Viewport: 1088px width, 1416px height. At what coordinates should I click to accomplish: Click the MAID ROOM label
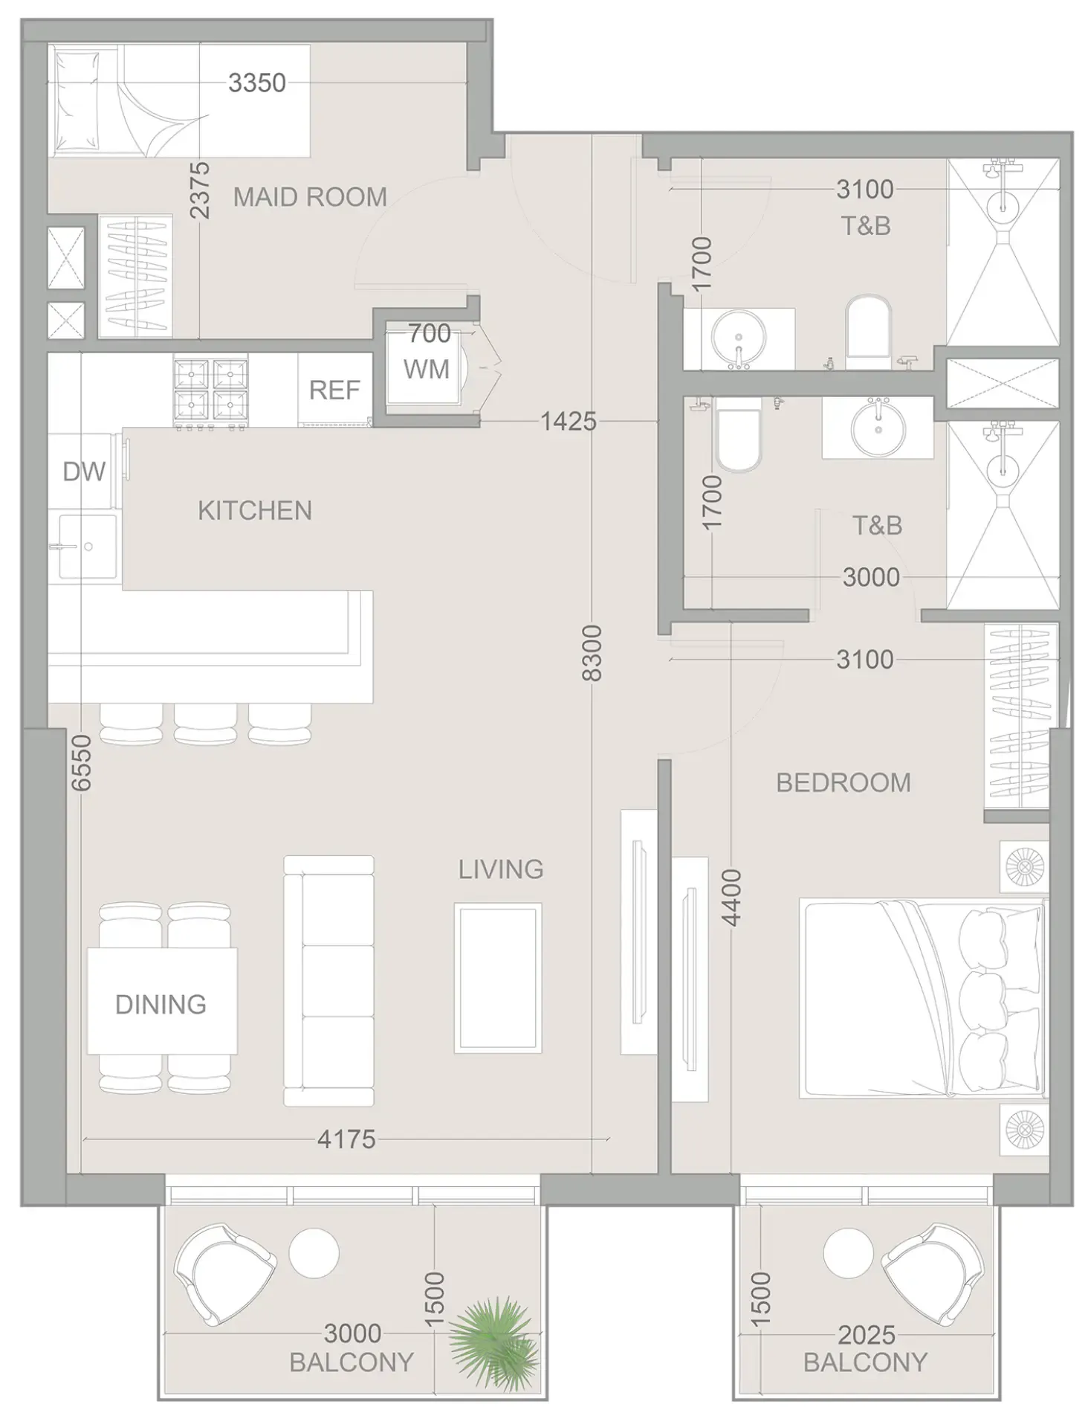coord(310,197)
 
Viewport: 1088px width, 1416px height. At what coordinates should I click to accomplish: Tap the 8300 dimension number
coord(592,653)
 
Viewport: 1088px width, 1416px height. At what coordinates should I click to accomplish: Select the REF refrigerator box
coord(334,390)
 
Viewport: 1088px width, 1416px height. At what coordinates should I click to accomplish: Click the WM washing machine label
coord(427,370)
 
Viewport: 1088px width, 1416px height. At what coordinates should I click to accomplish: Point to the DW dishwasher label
coord(84,472)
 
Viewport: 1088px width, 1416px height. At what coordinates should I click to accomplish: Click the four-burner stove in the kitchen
coord(210,390)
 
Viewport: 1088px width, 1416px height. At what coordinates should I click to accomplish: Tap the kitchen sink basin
coord(88,547)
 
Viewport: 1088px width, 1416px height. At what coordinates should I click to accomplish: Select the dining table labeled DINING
coord(162,1001)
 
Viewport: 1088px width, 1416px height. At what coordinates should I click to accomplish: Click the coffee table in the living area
coord(498,977)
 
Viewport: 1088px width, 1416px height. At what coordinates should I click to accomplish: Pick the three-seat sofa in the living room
coord(328,981)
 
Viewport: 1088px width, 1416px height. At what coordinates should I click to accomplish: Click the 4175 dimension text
coord(346,1139)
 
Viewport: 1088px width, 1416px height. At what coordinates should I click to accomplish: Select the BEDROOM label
coord(843,783)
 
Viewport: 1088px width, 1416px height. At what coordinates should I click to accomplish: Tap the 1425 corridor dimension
coord(569,422)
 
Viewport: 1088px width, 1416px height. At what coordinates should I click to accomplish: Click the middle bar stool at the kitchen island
coord(206,724)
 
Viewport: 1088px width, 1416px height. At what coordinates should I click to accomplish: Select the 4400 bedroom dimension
coord(732,898)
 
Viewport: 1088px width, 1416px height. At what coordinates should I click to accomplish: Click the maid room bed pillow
coord(77,100)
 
